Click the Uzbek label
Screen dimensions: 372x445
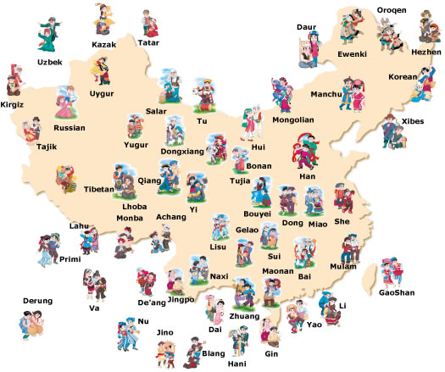coord(49,62)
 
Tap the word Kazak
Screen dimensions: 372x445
coord(104,44)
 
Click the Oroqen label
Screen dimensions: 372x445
coord(391,11)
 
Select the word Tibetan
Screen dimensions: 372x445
coord(98,189)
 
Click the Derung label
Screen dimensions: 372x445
coord(36,300)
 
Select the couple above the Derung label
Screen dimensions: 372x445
coord(36,325)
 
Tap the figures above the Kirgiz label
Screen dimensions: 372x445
coord(12,81)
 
